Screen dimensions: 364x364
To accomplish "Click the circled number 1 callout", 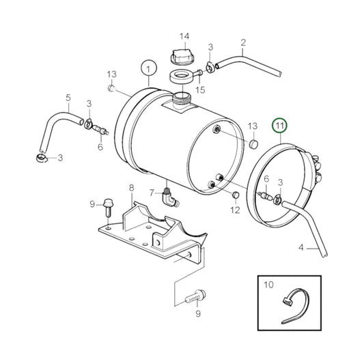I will coord(145,68).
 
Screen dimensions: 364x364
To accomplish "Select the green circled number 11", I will coord(279,125).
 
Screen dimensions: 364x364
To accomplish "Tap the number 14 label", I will coord(184,36).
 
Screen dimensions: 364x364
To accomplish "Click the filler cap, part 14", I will coord(182,55).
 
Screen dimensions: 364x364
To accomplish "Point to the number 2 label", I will coord(242,43).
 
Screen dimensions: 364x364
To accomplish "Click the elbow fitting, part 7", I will coord(171,198).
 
